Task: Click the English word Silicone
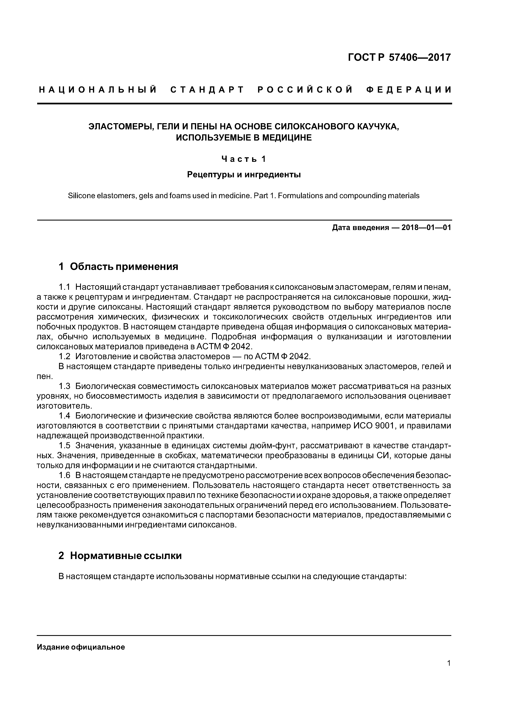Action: tap(81, 196)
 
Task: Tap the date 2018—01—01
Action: tap(426, 228)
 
